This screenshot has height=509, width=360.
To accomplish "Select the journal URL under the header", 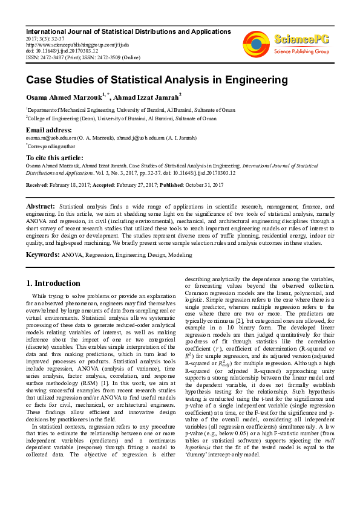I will tap(77, 44).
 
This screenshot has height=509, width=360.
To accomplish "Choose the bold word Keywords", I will tap(42, 254).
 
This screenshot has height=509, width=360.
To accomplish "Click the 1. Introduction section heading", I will tap(54, 283).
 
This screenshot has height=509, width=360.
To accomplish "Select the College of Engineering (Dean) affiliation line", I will tap(121, 118).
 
